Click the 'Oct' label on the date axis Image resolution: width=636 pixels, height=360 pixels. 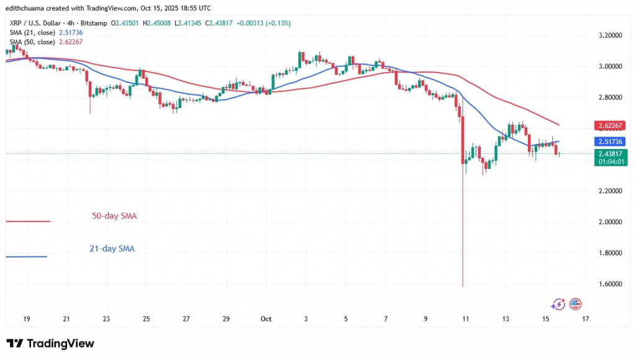click(266, 319)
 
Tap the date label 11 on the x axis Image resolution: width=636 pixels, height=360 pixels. click(465, 319)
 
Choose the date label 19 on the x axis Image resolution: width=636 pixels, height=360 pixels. click(26, 319)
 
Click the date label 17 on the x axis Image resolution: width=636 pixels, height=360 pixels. click(585, 319)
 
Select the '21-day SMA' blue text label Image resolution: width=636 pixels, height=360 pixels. click(111, 249)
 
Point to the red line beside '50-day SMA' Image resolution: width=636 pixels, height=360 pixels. click(27, 222)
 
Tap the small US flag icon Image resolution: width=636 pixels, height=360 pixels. click(575, 304)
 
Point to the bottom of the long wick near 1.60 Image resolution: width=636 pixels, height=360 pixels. click(463, 286)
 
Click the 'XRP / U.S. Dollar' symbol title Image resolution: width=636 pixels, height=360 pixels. click(39, 24)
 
